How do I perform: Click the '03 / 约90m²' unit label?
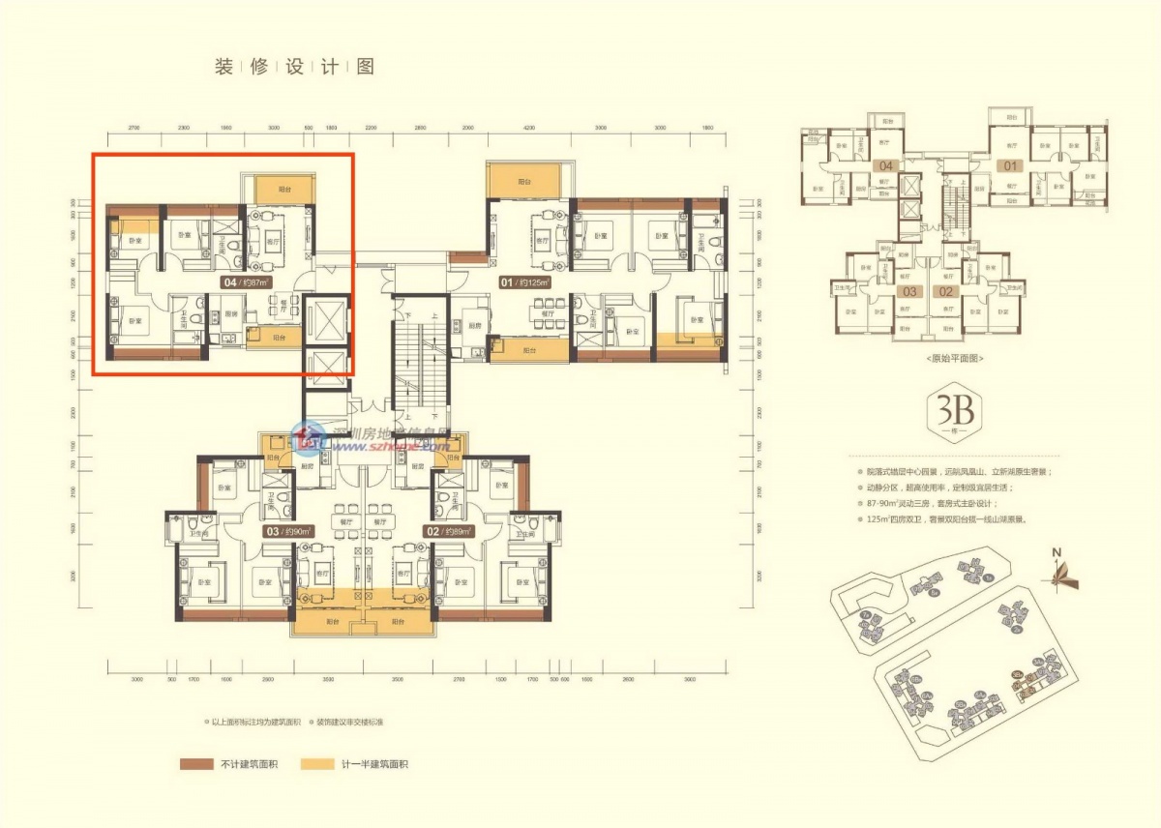pos(280,531)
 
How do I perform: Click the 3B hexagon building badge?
pos(953,413)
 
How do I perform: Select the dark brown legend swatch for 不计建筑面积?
pos(196,764)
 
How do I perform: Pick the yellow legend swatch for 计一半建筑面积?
pos(318,764)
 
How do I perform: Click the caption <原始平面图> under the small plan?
pos(953,358)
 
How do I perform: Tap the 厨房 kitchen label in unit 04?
pos(231,314)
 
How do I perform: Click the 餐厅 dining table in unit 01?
pos(546,314)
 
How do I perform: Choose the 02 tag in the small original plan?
pos(945,290)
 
